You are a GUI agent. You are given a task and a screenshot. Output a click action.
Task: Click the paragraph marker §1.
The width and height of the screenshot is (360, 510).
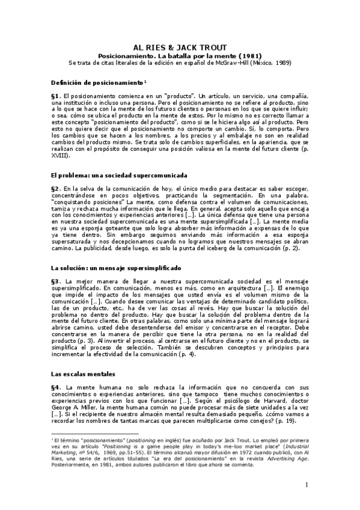[56, 96]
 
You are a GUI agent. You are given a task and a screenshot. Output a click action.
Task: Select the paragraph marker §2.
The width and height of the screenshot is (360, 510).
[56, 189]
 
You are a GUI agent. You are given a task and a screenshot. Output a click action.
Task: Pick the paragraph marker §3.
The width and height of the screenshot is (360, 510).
[56, 281]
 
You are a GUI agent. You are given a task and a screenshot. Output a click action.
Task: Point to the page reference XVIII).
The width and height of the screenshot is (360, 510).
[61, 155]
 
